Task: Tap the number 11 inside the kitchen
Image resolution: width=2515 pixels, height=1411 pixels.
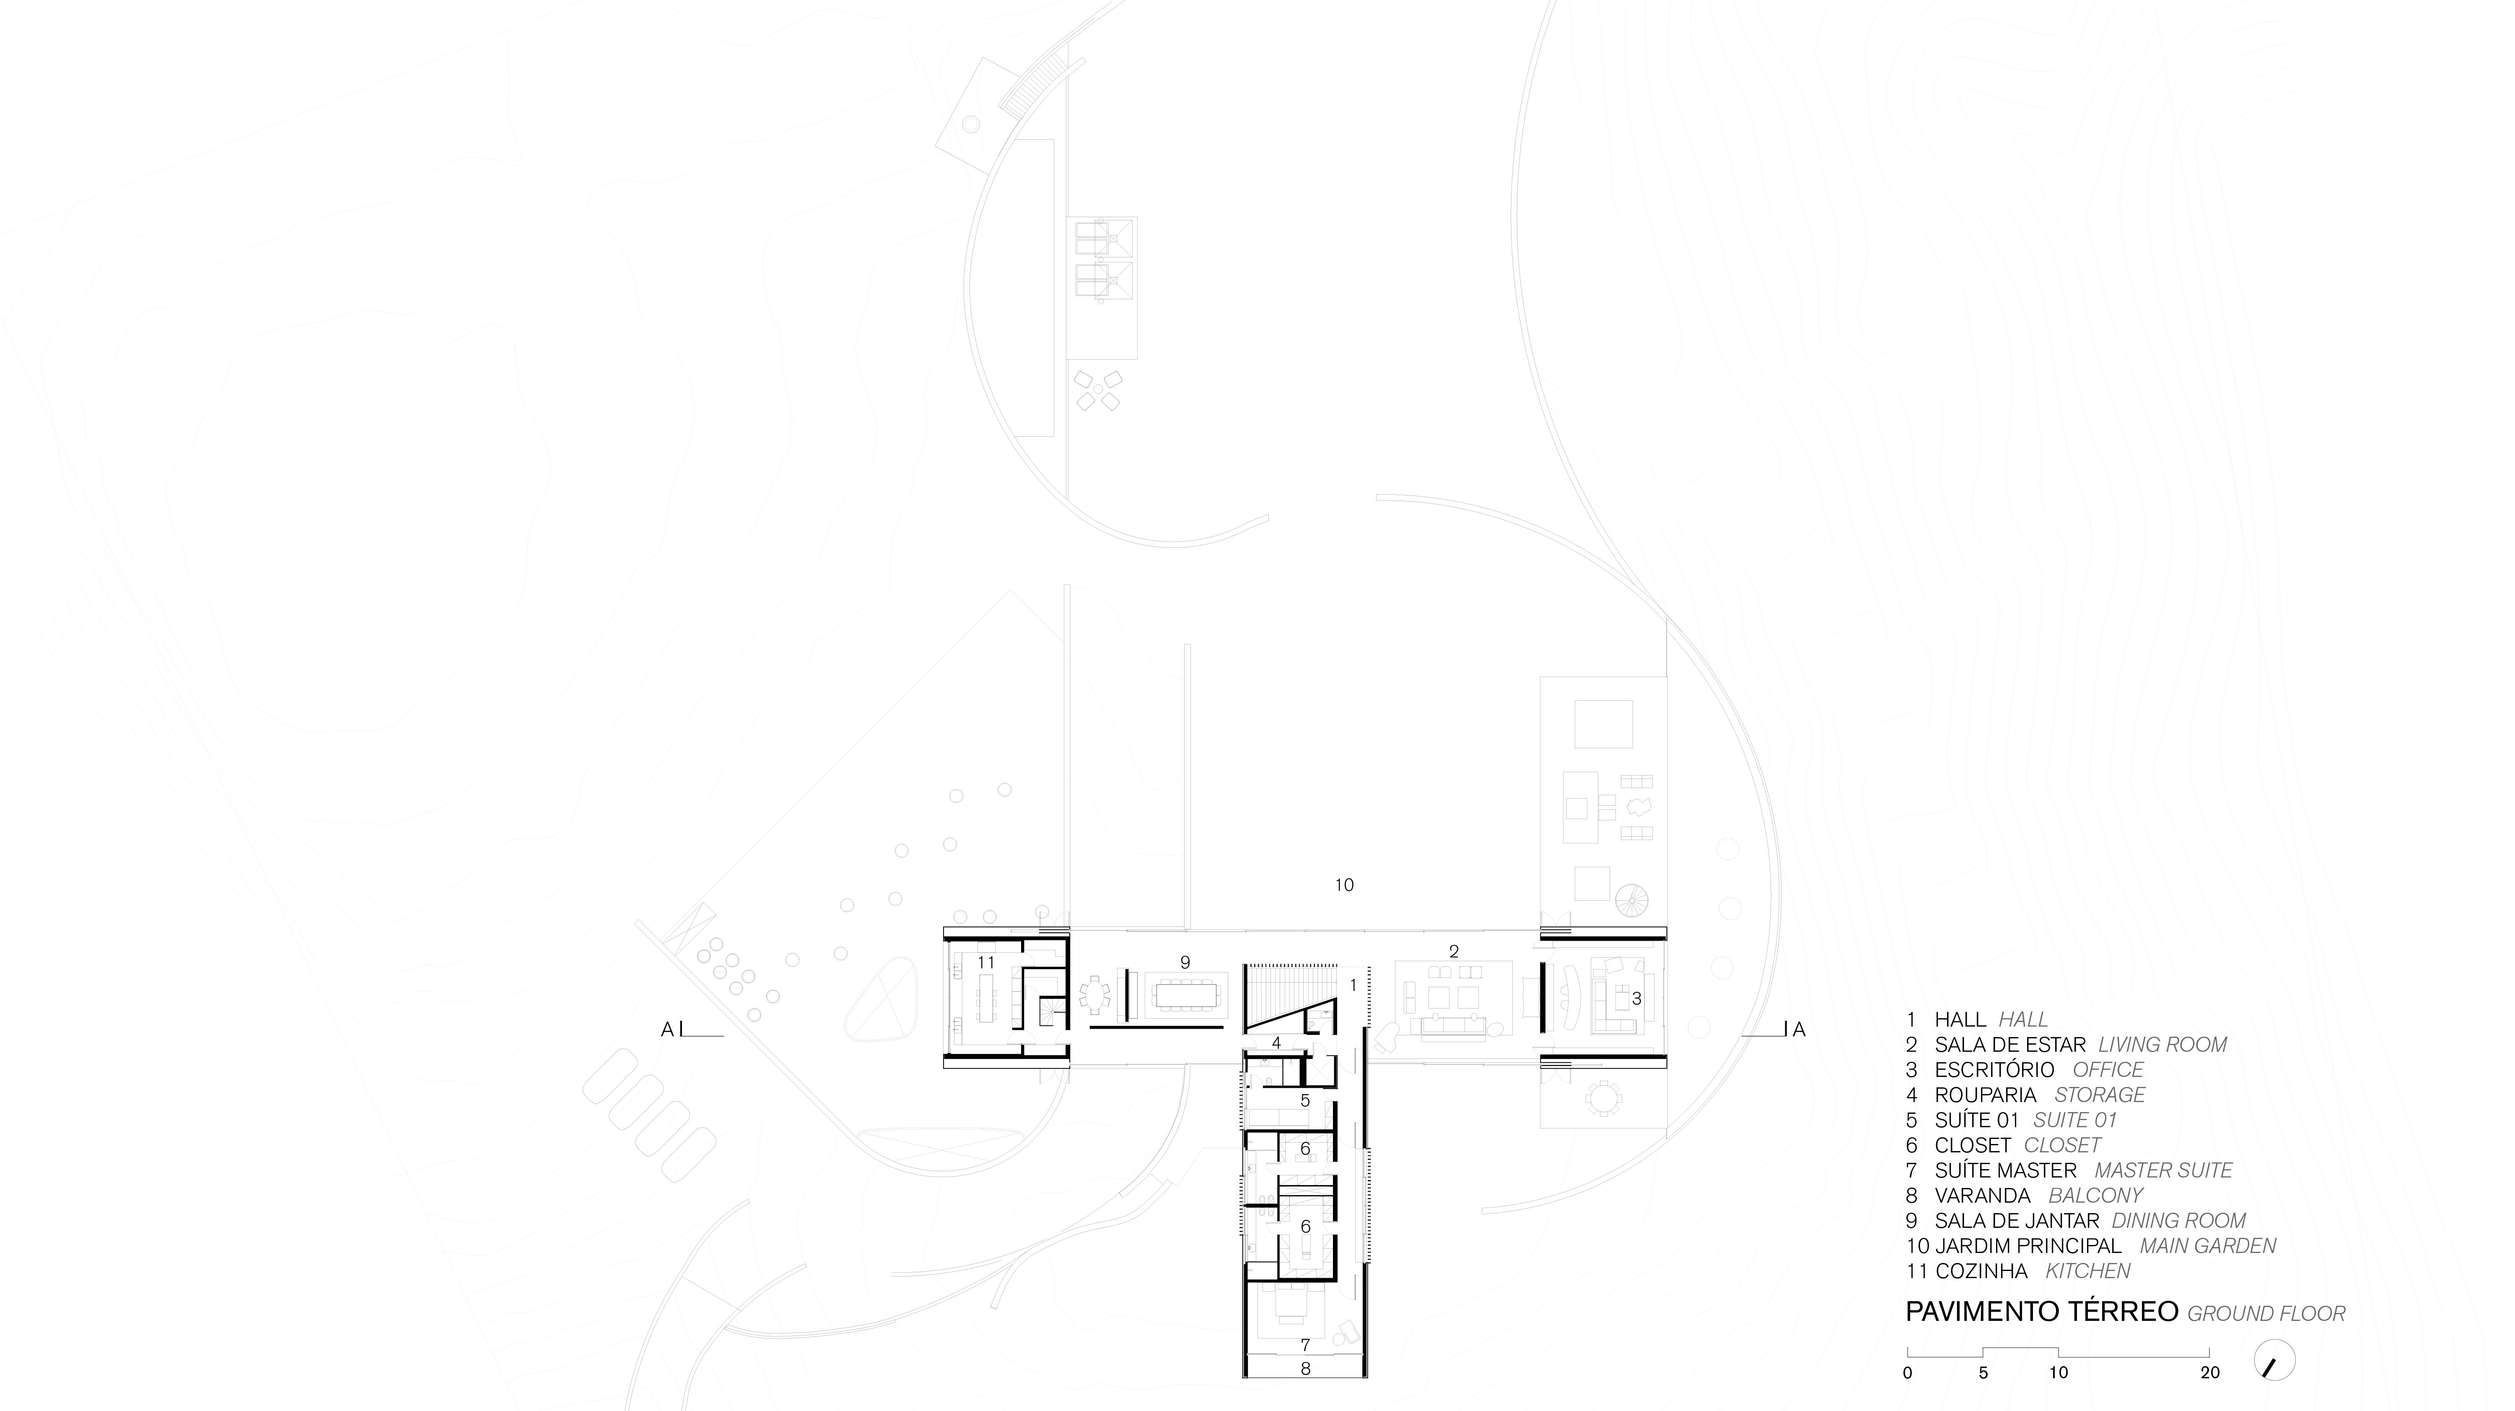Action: point(986,963)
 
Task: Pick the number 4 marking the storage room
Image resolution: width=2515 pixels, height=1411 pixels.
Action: point(1276,1043)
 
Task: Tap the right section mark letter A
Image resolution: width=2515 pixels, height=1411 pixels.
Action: point(1799,1029)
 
